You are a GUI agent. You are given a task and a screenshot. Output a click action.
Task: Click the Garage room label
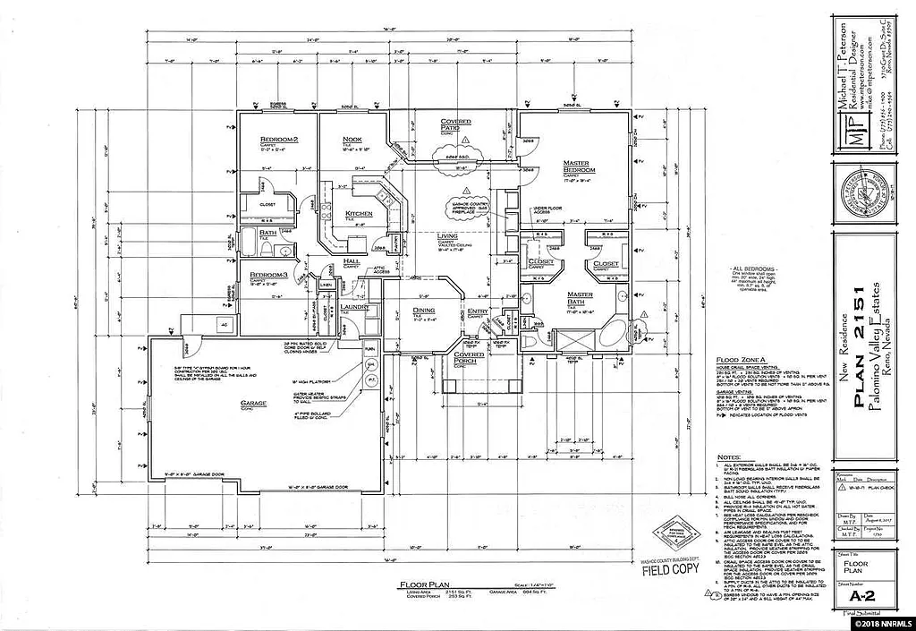[253, 404]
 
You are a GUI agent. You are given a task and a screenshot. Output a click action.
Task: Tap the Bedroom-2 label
[278, 141]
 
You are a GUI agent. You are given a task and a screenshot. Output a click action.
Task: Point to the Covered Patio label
[462, 125]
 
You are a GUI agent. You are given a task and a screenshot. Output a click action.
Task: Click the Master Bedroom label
[580, 167]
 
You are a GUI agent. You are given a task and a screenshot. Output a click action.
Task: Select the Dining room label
[423, 311]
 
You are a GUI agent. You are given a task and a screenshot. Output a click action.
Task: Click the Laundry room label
[355, 307]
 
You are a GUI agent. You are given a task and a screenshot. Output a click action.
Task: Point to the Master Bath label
[579, 300]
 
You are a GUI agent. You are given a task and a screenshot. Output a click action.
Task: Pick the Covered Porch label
[469, 356]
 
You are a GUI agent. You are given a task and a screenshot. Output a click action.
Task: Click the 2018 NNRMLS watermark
[880, 621]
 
